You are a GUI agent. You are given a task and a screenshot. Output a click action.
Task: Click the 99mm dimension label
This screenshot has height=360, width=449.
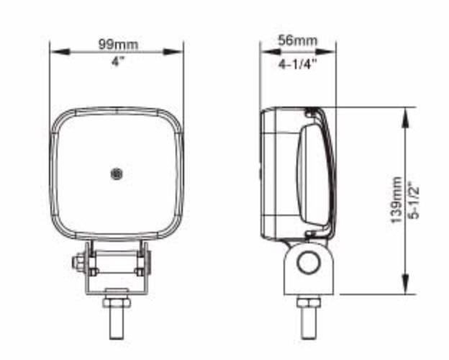tap(118, 45)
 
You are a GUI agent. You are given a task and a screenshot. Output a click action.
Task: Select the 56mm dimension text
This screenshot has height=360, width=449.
tap(298, 41)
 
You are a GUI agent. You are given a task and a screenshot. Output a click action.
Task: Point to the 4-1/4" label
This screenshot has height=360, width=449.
tap(298, 64)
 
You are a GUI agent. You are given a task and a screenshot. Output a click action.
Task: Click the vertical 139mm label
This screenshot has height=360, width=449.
tap(396, 199)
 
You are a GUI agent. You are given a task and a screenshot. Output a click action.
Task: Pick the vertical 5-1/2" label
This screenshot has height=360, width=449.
tap(414, 199)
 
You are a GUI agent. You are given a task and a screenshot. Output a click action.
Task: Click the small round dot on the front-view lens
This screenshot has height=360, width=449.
tap(117, 174)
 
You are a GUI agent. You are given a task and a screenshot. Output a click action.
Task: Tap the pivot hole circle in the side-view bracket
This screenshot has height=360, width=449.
tap(309, 263)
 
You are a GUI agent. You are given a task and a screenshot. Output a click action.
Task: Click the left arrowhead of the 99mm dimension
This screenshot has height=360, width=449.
tap(60, 52)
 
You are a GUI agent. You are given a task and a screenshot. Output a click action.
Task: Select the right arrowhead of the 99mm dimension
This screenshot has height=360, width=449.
tap(173, 52)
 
